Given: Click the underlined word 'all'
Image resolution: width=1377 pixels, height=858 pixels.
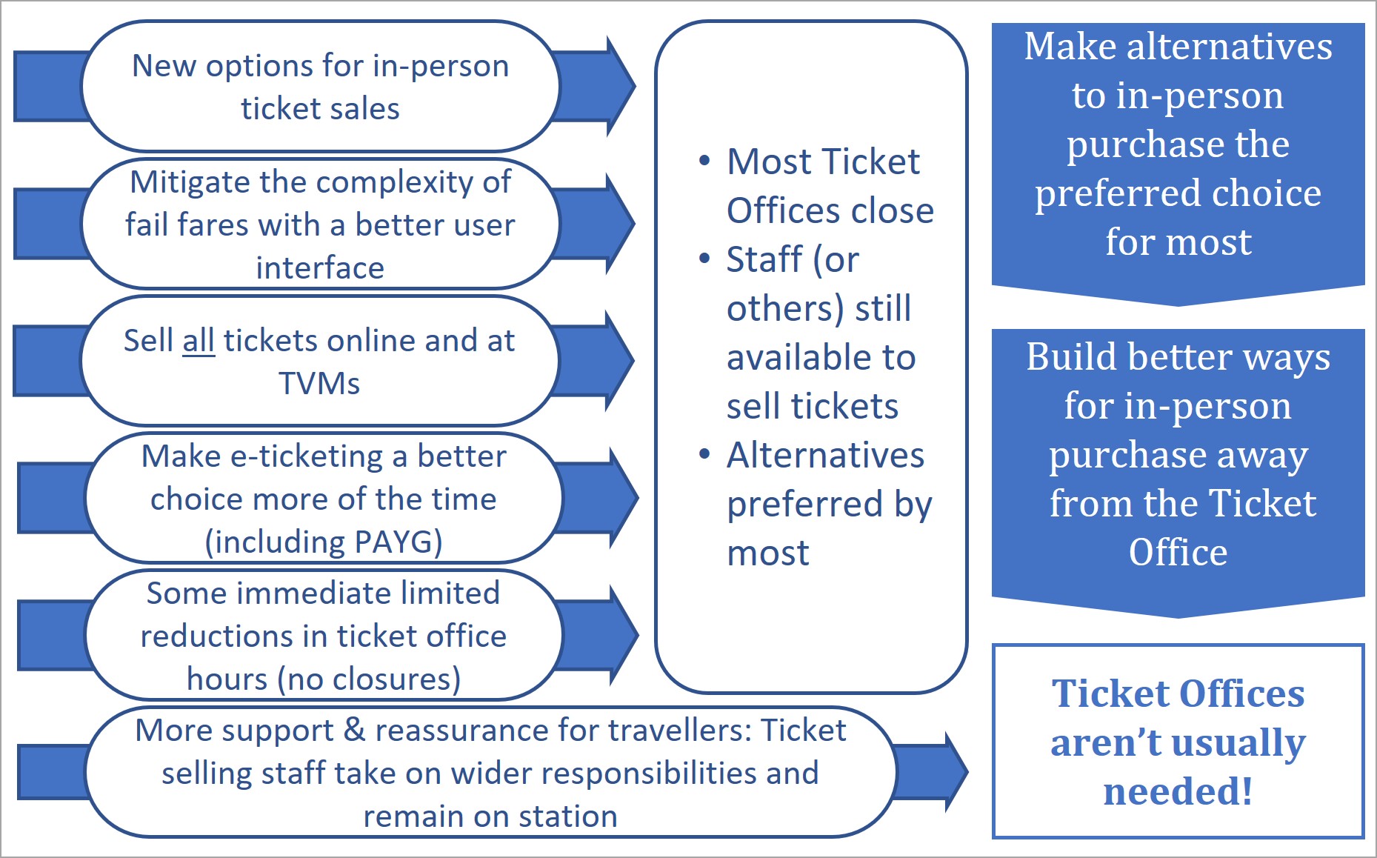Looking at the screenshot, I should pos(199,342).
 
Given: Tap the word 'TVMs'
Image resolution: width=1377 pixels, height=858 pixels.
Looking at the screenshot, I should pos(319,384).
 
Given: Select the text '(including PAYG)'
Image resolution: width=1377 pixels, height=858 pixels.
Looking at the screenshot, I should pos(324,542).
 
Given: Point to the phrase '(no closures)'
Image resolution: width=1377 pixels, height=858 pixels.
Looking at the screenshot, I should pos(369,679).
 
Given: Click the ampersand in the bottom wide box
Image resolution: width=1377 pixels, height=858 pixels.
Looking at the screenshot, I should pos(355,731).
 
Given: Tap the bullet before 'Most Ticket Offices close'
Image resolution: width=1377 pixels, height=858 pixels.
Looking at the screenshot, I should pos(704,161).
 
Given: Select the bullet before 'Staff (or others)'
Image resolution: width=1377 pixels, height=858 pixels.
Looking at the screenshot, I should pos(704,259).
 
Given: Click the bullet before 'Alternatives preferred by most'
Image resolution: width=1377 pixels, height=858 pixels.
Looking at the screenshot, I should pos(704,454).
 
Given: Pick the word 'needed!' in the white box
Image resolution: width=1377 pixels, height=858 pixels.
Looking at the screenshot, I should pos(1178,791).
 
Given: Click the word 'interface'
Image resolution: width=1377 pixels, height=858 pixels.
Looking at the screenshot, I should pos(320,267).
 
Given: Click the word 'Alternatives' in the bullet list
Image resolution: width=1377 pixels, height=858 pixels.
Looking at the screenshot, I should pos(825,455).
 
